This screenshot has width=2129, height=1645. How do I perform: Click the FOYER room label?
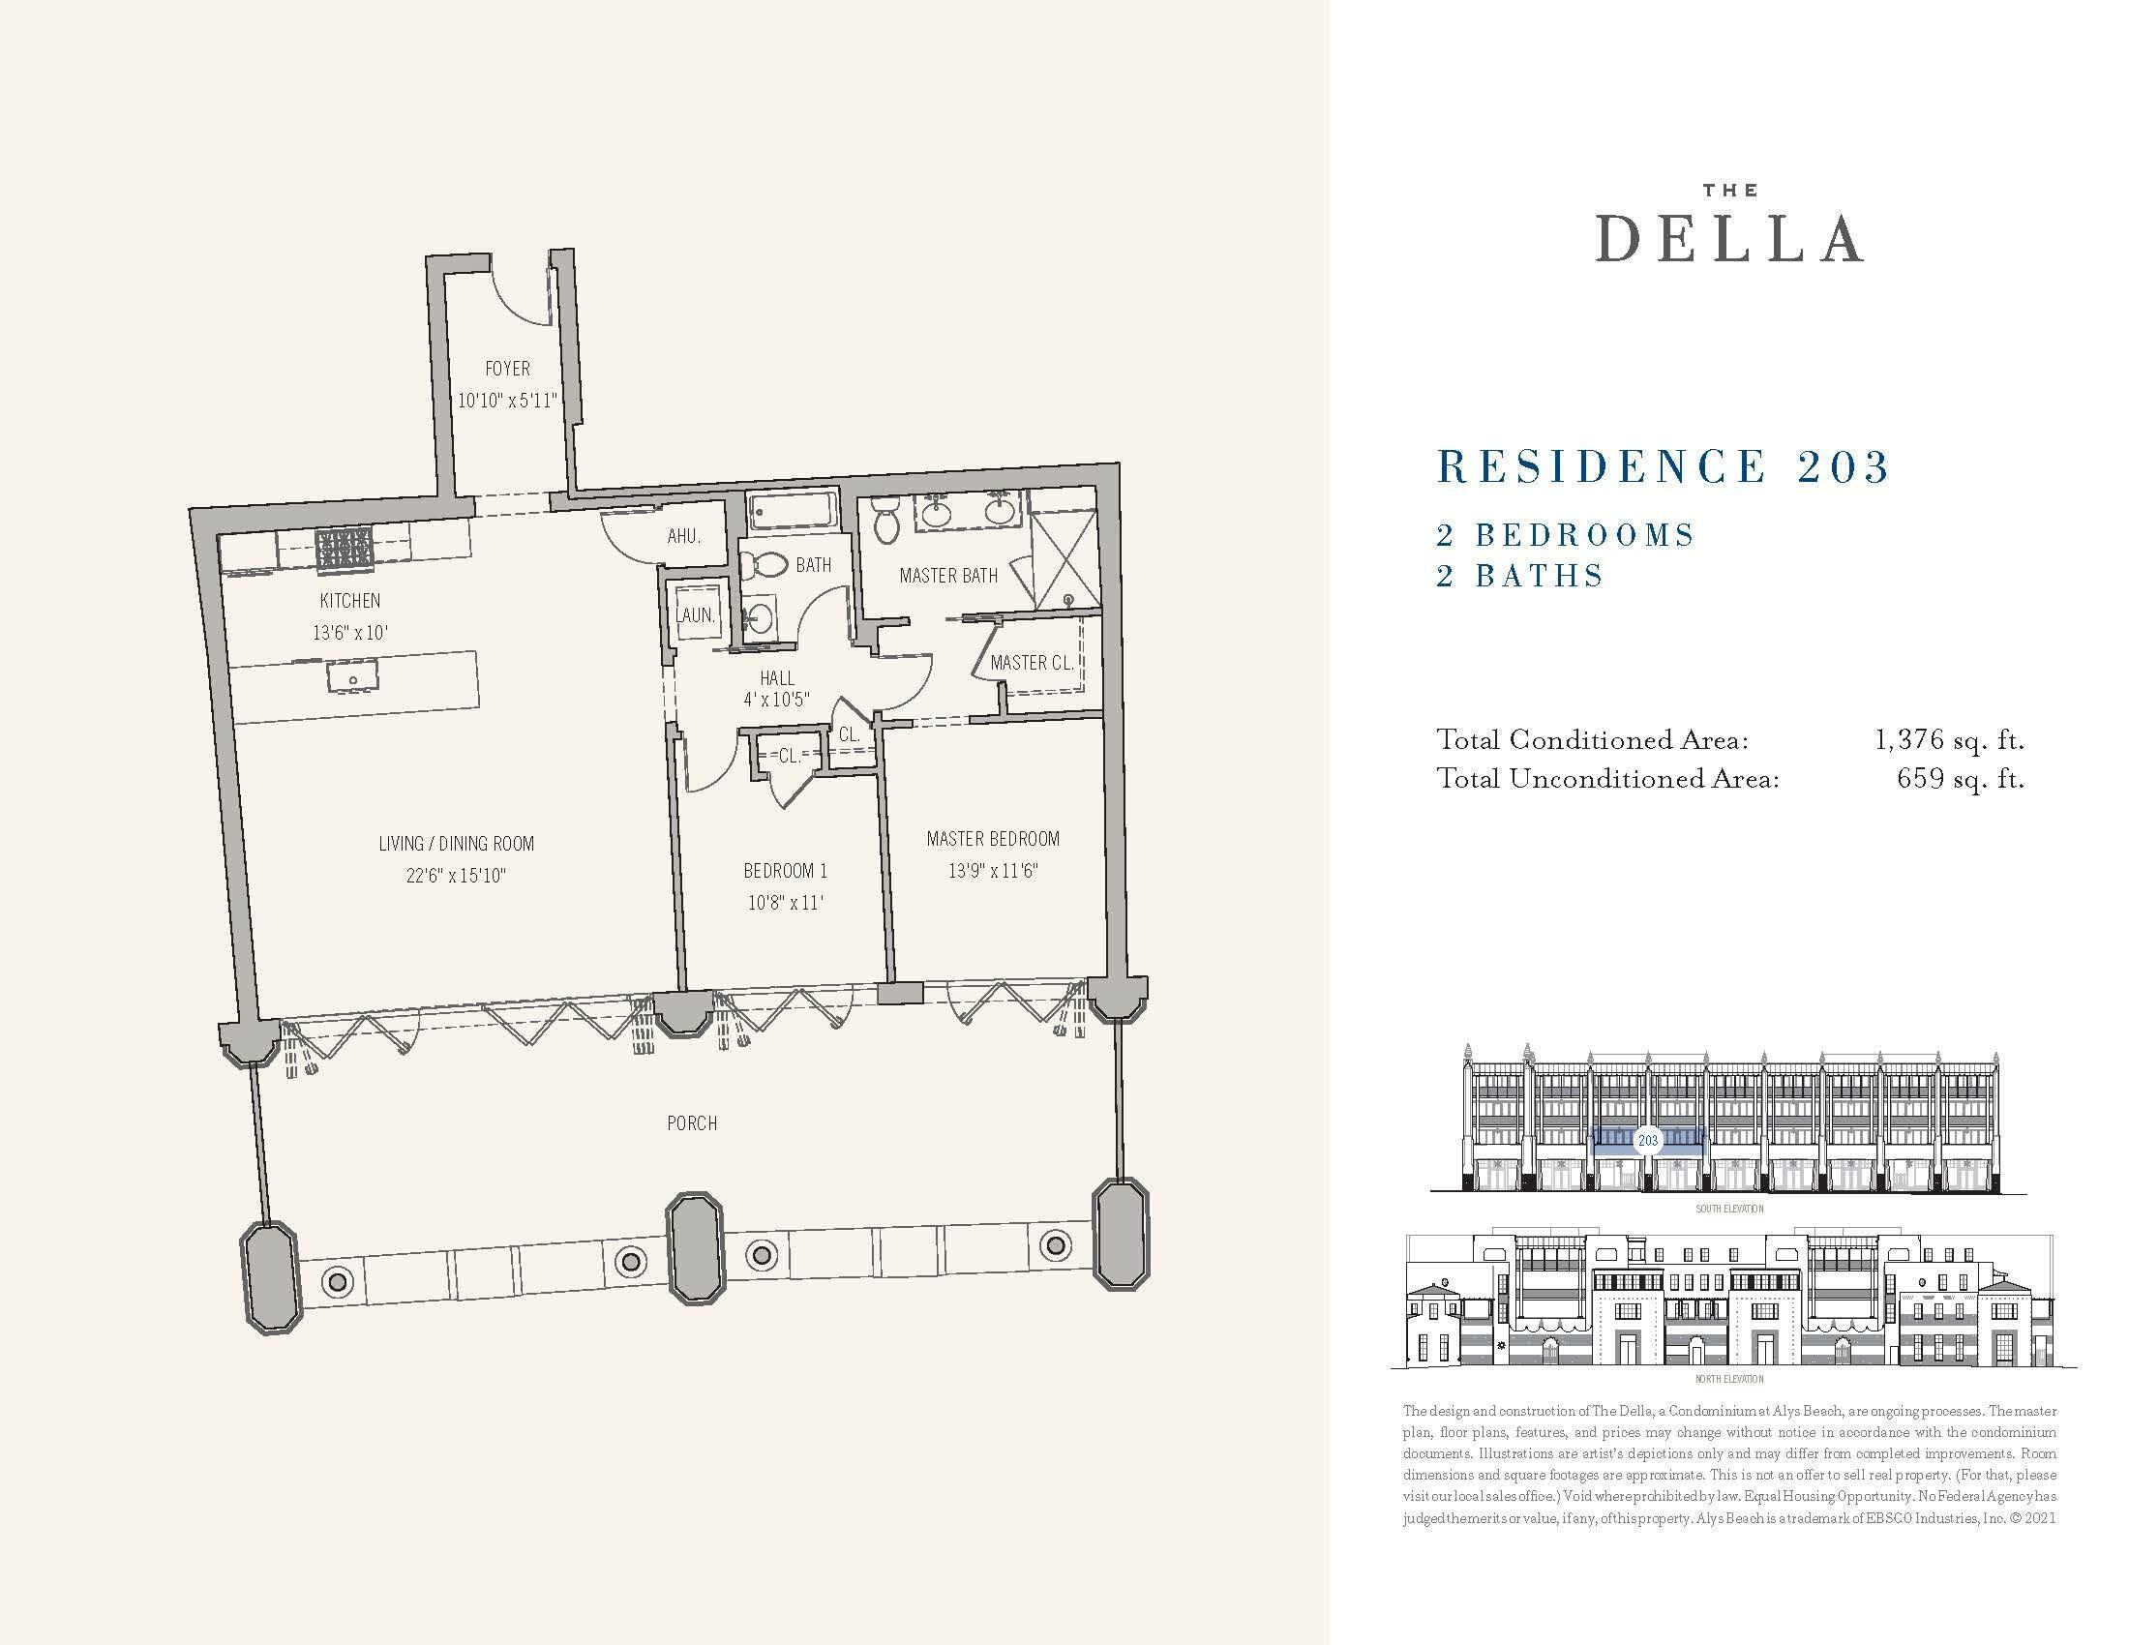508,369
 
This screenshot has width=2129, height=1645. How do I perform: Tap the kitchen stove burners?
345,549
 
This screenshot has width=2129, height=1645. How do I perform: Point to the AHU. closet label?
683,536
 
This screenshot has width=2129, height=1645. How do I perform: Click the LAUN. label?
696,614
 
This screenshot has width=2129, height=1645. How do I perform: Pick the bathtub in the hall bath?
793,510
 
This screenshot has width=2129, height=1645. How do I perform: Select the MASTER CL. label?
1032,663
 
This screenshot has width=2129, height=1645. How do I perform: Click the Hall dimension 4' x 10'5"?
777,699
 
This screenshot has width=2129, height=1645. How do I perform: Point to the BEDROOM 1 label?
785,870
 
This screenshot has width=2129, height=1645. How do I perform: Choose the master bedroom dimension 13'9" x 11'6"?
992,870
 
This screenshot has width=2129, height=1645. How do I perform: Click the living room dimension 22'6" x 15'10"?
456,875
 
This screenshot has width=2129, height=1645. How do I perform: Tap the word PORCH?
692,1123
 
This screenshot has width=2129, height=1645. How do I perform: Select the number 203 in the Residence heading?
1844,466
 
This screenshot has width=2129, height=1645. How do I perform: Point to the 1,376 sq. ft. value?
1950,740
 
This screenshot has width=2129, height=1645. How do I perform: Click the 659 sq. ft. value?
1961,779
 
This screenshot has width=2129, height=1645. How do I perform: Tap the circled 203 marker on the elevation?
1647,1140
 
